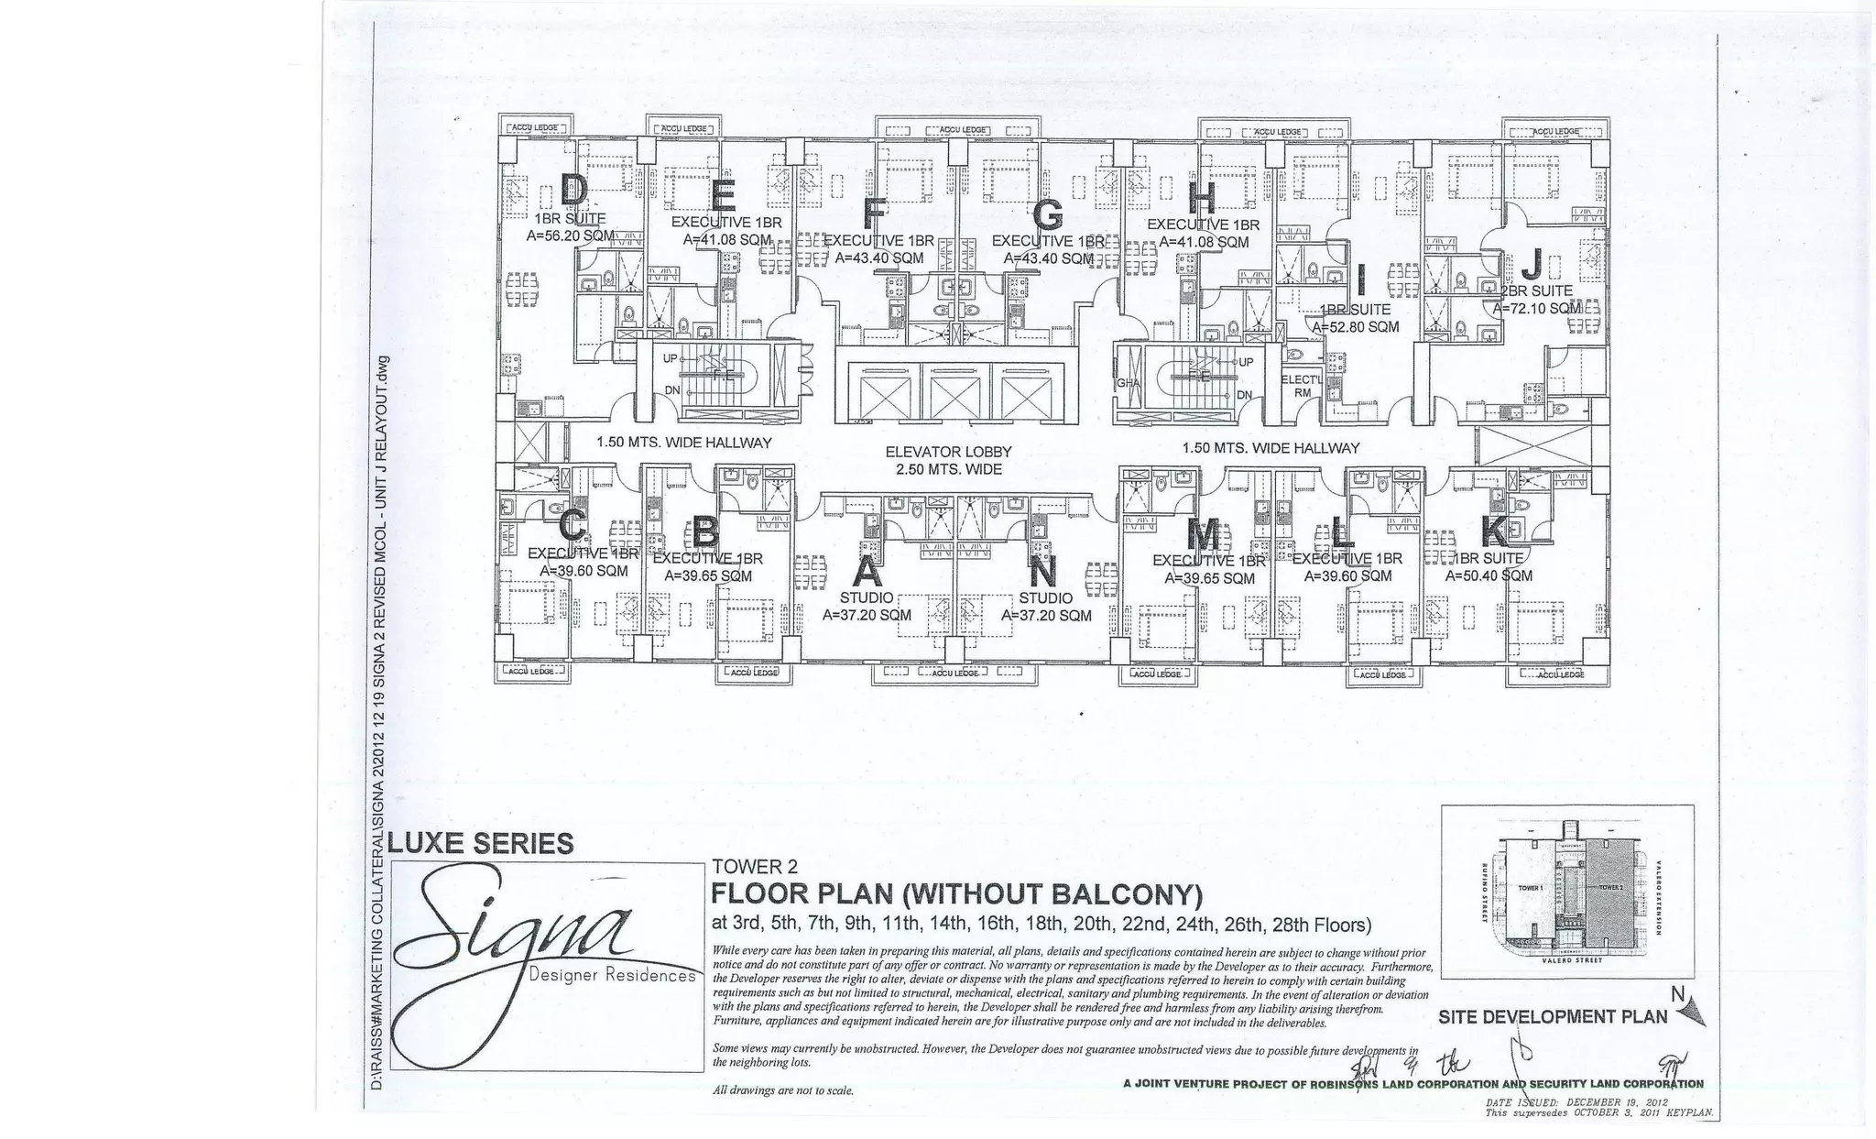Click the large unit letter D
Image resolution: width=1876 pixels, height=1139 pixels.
click(x=573, y=191)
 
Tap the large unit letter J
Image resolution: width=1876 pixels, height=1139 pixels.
click(x=1531, y=266)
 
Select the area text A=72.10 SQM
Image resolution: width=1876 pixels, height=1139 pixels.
click(x=1537, y=309)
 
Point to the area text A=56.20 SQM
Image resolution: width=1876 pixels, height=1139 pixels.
click(x=571, y=235)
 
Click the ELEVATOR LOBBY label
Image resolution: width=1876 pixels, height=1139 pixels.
click(x=948, y=452)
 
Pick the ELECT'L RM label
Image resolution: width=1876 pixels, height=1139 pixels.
click(x=1302, y=386)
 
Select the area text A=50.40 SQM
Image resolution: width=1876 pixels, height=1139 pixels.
click(x=1489, y=576)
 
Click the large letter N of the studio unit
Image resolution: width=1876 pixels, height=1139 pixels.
click(x=1042, y=573)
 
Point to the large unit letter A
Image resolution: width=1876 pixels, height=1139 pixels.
click(x=867, y=573)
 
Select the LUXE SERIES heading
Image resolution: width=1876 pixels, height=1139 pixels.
click(x=483, y=842)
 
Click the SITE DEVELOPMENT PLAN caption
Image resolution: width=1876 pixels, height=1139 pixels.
click(x=1553, y=1016)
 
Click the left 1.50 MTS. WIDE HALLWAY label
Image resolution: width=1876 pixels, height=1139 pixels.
click(x=683, y=443)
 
